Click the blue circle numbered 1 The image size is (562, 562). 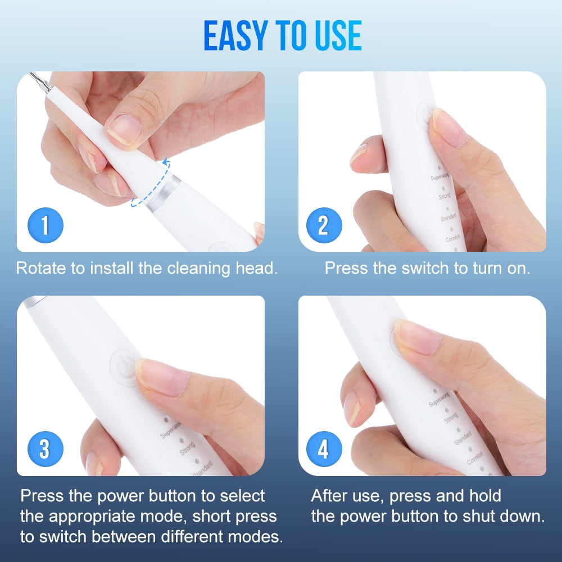[46, 225]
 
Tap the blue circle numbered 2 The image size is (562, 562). [323, 225]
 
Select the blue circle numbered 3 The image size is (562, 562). [46, 450]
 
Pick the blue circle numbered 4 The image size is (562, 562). [323, 450]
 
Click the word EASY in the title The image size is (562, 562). [237, 36]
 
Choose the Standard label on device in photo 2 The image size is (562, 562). [448, 217]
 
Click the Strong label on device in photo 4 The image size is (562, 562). [451, 419]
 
